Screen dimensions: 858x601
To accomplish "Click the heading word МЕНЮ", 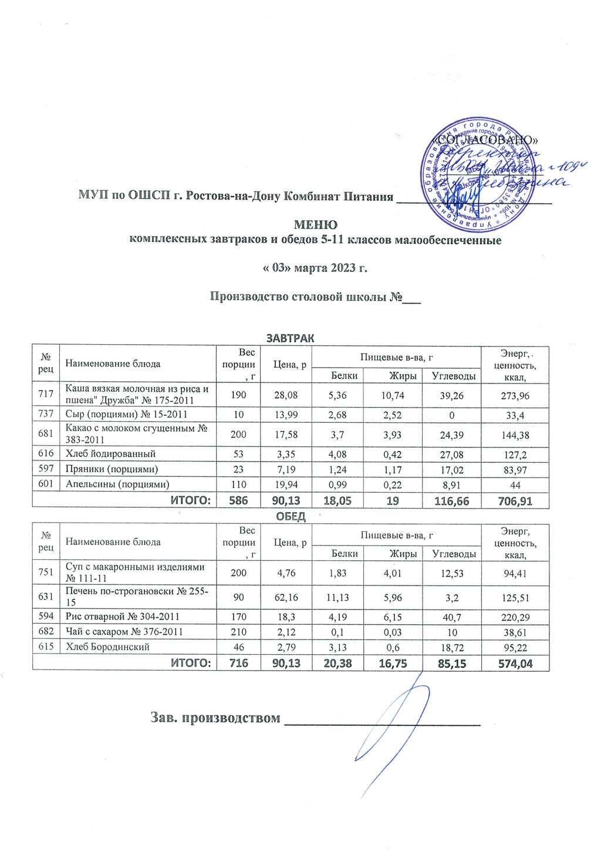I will click(x=315, y=225).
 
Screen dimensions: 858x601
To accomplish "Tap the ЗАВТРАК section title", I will click(x=291, y=338).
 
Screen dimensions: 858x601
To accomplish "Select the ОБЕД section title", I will click(x=291, y=517).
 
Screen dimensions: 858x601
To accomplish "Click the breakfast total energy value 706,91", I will click(x=514, y=500).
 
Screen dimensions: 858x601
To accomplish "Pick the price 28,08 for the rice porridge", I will click(x=285, y=396).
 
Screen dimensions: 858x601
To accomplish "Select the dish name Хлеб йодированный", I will click(x=110, y=453).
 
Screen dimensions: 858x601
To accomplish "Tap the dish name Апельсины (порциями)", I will click(x=117, y=484).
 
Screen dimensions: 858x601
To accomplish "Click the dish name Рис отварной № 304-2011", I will click(x=123, y=617).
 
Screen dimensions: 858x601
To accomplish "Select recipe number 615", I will click(x=46, y=647).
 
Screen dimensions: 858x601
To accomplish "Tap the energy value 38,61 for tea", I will click(x=514, y=632).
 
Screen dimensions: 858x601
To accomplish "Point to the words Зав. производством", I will click(x=215, y=718).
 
